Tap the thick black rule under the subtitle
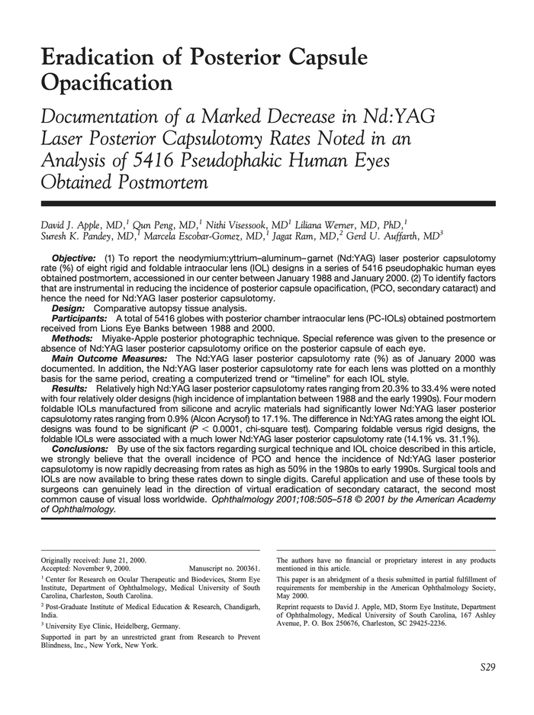coord(267,204)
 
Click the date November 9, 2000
coord(104,568)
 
